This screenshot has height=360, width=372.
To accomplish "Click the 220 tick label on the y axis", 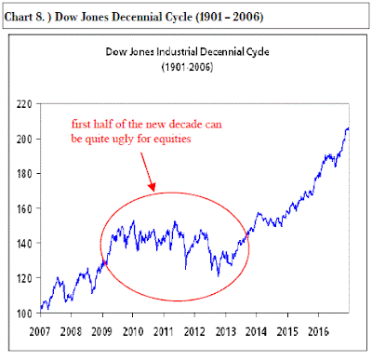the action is (24, 104).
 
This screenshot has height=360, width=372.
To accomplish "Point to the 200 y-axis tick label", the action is (24, 139).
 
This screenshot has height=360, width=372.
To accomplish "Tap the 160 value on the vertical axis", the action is (24, 208).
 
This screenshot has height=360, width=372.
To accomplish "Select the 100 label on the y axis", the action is (24, 313).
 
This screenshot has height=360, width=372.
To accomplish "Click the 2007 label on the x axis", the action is (40, 332).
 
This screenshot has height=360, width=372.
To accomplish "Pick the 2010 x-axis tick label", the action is (133, 332).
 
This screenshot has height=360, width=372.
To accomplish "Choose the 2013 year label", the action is (225, 332).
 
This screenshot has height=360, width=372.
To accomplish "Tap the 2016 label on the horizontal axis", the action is (318, 332).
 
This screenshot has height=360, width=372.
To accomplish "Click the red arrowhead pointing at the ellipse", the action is (152, 187).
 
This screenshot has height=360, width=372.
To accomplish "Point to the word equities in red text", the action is (172, 139).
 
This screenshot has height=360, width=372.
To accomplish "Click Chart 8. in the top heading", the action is (25, 17).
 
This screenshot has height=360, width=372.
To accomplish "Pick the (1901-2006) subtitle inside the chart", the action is (187, 67).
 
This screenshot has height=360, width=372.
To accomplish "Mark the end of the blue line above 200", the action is (349, 128).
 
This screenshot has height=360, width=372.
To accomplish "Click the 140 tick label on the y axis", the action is (24, 244).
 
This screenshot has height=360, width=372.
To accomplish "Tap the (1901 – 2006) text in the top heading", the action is (230, 17).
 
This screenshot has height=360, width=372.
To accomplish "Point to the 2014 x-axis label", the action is (257, 332).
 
